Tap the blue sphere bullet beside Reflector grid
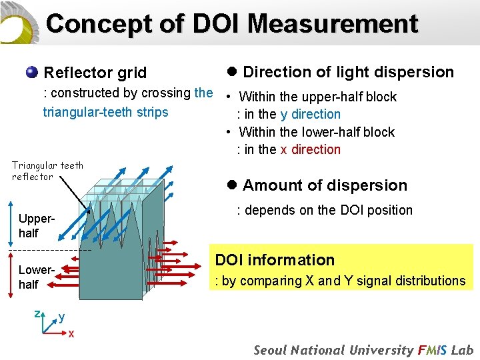[x=31, y=71]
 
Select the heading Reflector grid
[x=95, y=72]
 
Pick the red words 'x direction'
[x=310, y=149]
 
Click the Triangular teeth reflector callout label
[x=47, y=171]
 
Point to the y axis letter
[x=61, y=317]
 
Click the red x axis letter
[x=71, y=333]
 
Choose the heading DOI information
[x=274, y=260]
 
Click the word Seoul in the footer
[x=271, y=350]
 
